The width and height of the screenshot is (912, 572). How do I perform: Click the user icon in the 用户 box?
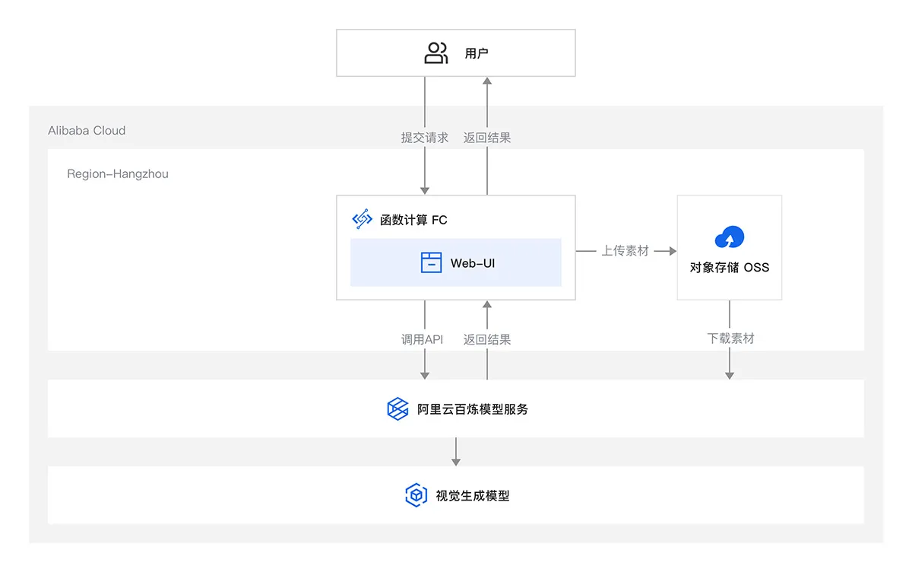click(435, 53)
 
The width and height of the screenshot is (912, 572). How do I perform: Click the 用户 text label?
click(477, 54)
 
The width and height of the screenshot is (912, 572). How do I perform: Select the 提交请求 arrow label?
click(425, 138)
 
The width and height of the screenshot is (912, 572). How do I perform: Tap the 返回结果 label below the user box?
click(487, 138)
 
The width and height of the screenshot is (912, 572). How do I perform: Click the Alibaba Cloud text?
click(87, 130)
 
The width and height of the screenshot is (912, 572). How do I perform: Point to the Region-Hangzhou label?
click(118, 173)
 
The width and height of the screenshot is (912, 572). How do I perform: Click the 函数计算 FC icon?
click(362, 220)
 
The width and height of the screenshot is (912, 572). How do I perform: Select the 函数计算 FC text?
click(413, 220)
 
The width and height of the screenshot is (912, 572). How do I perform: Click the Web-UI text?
click(472, 263)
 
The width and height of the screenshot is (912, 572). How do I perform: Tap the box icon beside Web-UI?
click(431, 263)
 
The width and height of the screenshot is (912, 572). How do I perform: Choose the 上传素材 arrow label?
click(625, 250)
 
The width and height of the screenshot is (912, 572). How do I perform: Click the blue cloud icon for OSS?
click(730, 237)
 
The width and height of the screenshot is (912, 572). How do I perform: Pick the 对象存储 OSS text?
click(730, 267)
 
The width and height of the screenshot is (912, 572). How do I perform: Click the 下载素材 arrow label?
click(730, 338)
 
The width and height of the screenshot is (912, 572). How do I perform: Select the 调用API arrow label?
click(423, 339)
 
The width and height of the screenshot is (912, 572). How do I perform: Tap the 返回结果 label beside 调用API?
click(487, 339)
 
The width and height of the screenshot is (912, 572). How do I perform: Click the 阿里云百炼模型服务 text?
click(473, 409)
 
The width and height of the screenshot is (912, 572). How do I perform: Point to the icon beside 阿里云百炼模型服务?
click(397, 409)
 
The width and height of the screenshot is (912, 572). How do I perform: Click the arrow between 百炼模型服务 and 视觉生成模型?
click(456, 452)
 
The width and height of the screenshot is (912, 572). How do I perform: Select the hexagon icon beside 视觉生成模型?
click(416, 496)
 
